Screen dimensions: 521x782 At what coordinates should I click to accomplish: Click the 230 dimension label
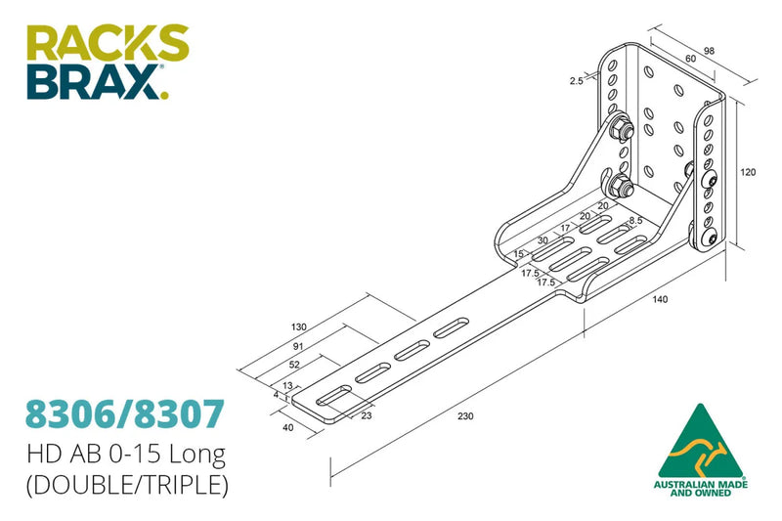(x=465, y=417)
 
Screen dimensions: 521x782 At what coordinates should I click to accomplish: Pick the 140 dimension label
(x=661, y=299)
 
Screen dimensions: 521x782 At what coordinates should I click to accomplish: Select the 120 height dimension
(x=748, y=172)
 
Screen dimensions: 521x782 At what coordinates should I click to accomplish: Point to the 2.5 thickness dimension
(x=577, y=81)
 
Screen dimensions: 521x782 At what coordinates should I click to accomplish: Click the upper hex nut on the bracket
(x=618, y=129)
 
